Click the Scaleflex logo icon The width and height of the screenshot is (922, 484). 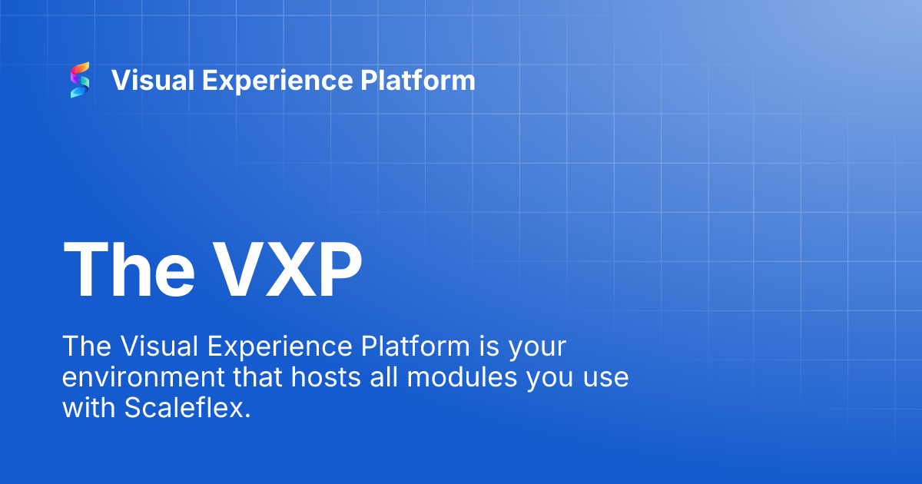[x=80, y=80]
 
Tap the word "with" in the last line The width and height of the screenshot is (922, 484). [x=89, y=409]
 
